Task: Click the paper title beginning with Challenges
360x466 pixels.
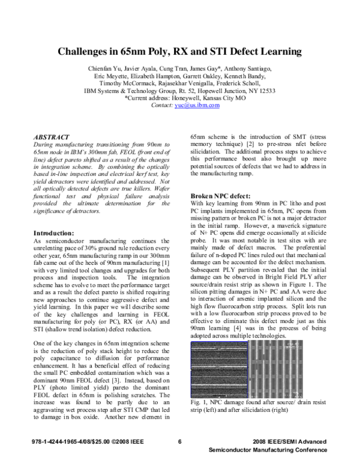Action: (x=179, y=52)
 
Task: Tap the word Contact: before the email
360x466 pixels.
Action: (x=163, y=104)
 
